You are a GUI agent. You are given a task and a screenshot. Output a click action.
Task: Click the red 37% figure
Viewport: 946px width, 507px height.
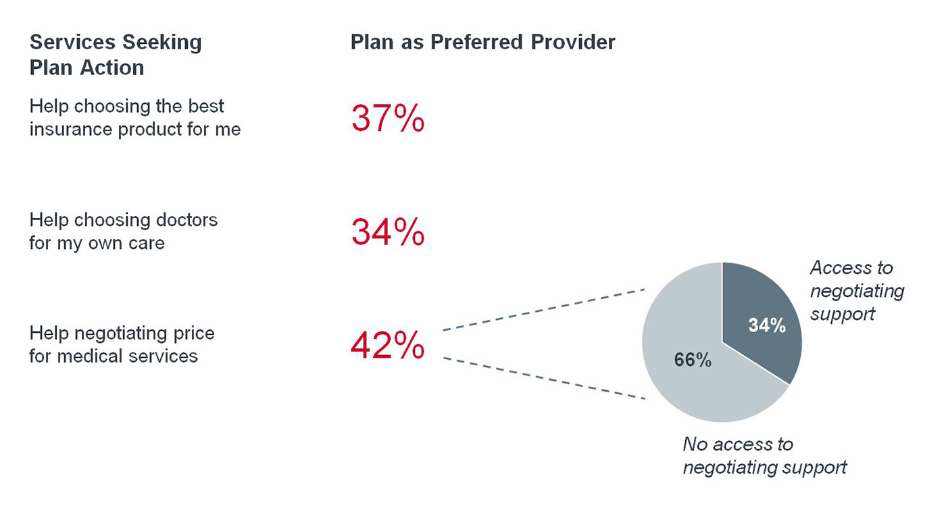[387, 119]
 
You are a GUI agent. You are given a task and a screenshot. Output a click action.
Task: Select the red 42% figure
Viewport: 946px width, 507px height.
[387, 346]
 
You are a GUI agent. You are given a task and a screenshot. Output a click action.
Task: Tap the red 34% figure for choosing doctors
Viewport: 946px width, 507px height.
[387, 232]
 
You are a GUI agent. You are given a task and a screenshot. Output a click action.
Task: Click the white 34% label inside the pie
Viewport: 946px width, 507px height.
[767, 325]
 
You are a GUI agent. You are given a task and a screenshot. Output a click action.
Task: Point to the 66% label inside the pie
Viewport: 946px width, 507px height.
[693, 361]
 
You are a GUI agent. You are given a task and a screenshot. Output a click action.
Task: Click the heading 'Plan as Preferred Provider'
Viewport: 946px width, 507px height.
[482, 42]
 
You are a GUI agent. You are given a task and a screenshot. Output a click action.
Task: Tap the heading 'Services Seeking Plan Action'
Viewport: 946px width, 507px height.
[115, 55]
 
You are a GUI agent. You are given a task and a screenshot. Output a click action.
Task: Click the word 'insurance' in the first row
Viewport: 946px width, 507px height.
[71, 129]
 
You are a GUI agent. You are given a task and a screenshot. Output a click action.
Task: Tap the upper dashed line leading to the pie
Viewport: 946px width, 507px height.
[544, 311]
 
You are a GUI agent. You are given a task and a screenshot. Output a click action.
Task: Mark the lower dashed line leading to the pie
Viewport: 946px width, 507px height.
[544, 378]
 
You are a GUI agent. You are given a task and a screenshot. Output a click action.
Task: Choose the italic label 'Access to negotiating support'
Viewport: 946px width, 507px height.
[856, 291]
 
